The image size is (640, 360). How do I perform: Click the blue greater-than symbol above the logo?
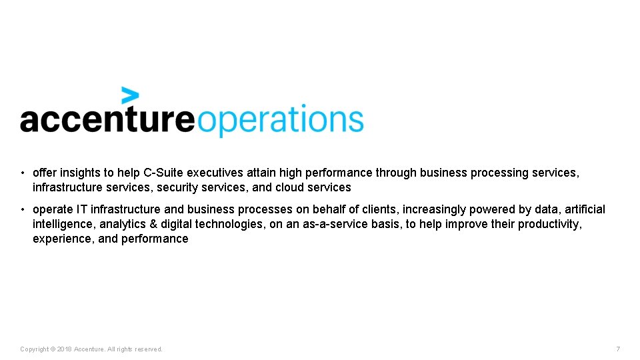tap(130, 95)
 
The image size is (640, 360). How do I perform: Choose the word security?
tap(177, 187)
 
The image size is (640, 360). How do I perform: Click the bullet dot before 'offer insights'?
tap(22, 173)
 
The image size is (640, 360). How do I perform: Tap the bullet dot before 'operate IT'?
tap(22, 209)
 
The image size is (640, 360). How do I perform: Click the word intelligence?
tap(63, 224)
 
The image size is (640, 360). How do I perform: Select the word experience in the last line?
tap(63, 239)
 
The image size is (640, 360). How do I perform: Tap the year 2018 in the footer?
tap(64, 349)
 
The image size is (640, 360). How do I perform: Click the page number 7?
tap(618, 349)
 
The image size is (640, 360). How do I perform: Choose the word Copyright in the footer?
tap(34, 349)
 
